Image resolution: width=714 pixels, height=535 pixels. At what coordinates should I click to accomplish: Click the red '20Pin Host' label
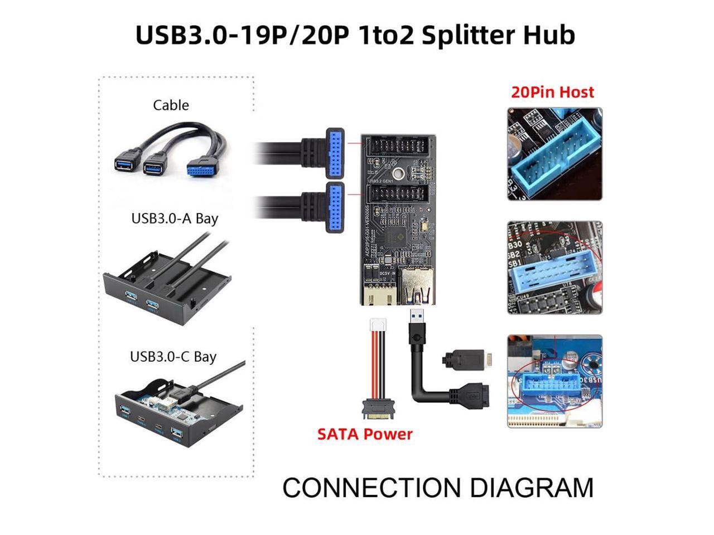pyautogui.click(x=552, y=92)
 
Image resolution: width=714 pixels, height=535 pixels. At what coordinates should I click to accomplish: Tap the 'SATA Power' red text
pyautogui.click(x=365, y=434)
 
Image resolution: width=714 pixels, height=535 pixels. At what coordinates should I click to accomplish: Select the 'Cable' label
pyautogui.click(x=171, y=105)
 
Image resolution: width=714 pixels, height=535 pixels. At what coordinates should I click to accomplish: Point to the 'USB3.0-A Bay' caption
pyautogui.click(x=175, y=218)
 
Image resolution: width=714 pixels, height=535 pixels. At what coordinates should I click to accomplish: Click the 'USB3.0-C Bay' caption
pyautogui.click(x=173, y=356)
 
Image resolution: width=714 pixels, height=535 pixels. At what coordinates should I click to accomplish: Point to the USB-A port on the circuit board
pyautogui.click(x=418, y=285)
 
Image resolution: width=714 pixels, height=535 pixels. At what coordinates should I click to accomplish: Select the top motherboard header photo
pyautogui.click(x=554, y=154)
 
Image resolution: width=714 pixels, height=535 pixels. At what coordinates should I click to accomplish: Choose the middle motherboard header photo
pyautogui.click(x=554, y=268)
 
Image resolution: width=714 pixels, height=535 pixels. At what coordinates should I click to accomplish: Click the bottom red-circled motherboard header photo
pyautogui.click(x=554, y=381)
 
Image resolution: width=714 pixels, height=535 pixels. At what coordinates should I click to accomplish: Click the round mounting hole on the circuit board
pyautogui.click(x=399, y=174)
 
